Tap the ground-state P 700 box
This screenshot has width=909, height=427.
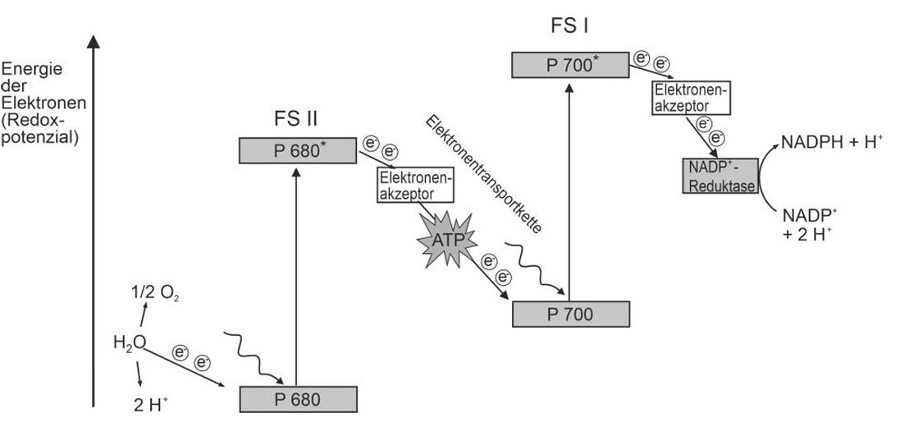tap(570, 313)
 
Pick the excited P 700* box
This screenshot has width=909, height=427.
tap(570, 64)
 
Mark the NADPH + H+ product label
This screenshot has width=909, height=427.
tap(834, 140)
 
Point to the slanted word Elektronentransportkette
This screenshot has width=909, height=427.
tap(483, 173)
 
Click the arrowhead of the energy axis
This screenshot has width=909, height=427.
tap(95, 41)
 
